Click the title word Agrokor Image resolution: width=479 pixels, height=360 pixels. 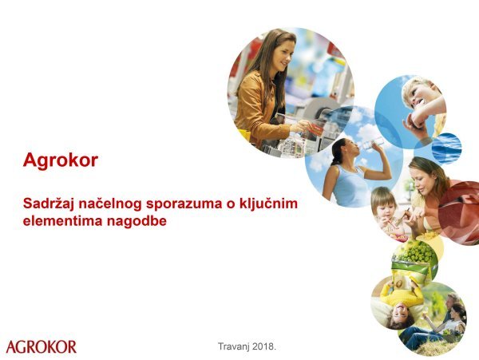(61, 160)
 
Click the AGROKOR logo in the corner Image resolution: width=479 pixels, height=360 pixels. (42, 346)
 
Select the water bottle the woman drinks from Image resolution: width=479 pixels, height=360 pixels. (370, 146)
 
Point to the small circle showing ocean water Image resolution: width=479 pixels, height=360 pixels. (447, 148)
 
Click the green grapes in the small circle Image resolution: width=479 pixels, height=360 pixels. (417, 255)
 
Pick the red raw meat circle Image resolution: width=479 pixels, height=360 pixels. (461, 212)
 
